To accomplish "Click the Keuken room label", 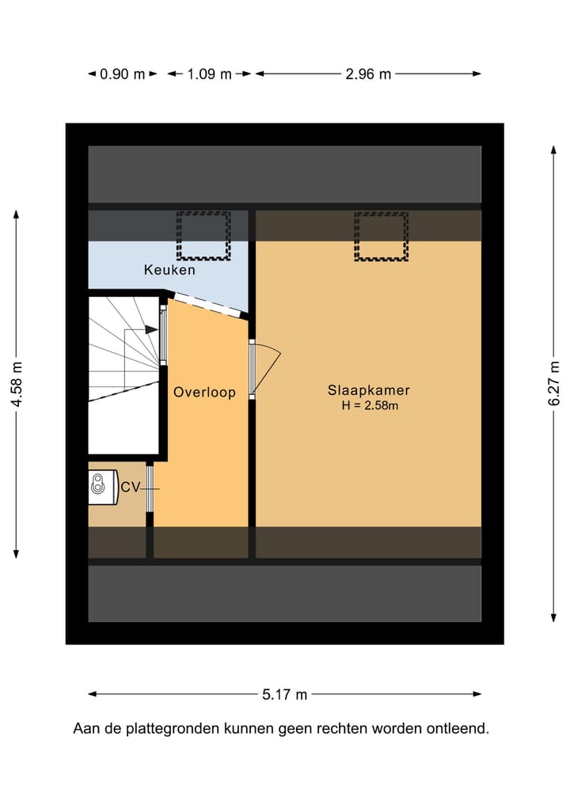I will coord(169,270).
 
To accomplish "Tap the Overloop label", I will coord(204,392).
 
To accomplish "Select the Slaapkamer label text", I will coord(369,390).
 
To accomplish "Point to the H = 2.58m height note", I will coord(369,407).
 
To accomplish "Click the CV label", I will coord(130,488).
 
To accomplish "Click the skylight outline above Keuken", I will coord(203,235).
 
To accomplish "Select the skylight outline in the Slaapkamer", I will coord(382,236).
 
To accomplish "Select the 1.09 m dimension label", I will coord(209,74).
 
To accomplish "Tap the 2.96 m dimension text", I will coord(368,74).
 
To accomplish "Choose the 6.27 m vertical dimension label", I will coord(553,384).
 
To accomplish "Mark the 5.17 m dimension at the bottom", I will coord(284,695).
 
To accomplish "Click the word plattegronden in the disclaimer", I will coord(164,729).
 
